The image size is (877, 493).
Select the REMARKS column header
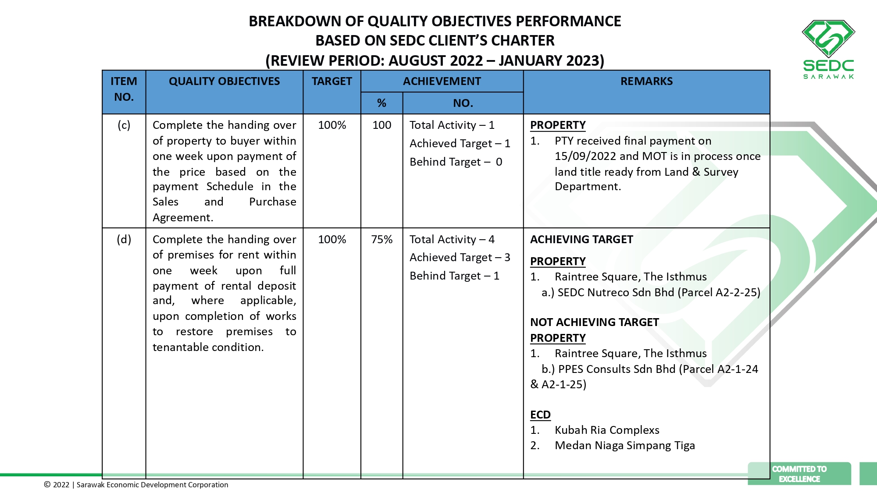tap(646, 82)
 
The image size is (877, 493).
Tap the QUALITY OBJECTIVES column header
tap(224, 82)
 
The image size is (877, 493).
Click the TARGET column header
tap(332, 82)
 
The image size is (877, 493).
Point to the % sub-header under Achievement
tap(381, 103)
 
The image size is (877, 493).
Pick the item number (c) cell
tap(124, 125)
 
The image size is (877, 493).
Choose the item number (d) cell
tap(124, 240)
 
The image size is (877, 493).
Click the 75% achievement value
tap(381, 240)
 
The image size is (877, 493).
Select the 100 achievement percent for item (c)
tap(381, 125)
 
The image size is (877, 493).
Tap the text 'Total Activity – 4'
tap(452, 240)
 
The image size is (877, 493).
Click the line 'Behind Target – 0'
tap(456, 162)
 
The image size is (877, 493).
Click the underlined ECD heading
tap(540, 415)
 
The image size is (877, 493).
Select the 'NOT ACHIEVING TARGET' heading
tap(594, 323)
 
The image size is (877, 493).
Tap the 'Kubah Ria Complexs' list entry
tap(607, 430)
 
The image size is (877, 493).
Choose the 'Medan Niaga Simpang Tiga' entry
tap(624, 446)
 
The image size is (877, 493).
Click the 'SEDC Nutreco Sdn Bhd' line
tap(651, 293)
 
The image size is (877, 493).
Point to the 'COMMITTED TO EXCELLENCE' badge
tap(799, 474)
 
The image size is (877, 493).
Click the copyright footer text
tap(136, 485)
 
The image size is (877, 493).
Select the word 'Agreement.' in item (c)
tap(183, 218)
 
